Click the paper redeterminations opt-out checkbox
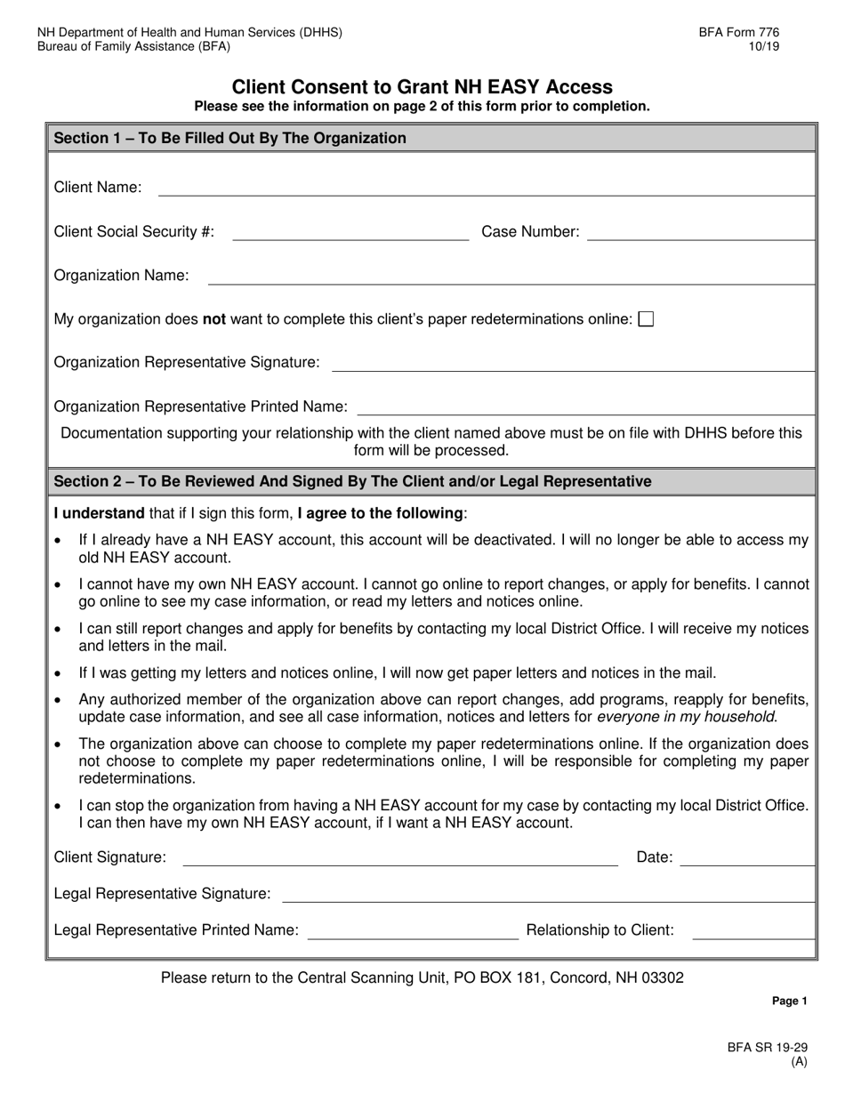click(647, 319)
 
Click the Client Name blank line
click(487, 189)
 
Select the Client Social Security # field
click(350, 233)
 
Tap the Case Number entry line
click(700, 233)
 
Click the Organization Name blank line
click(511, 277)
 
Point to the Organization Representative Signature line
click(573, 364)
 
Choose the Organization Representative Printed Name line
click(585, 407)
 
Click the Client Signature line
click(399, 858)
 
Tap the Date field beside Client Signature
click(747, 858)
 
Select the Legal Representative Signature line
click(548, 894)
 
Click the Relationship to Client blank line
click(753, 931)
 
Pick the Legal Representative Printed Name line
click(412, 931)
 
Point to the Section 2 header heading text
click(352, 481)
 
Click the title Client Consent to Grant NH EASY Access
click(422, 87)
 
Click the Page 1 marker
click(789, 1001)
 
